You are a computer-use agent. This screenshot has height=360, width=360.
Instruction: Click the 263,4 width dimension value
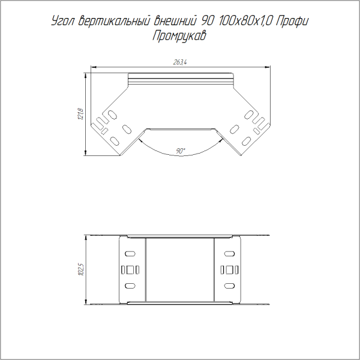point(180,62)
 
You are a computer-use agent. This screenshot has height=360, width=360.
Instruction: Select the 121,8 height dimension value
point(81,114)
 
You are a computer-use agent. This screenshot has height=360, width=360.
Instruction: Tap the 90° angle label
point(181,151)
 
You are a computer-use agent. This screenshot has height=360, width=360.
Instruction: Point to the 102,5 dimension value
point(81,269)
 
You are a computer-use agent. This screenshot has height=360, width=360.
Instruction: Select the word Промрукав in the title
point(179,36)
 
